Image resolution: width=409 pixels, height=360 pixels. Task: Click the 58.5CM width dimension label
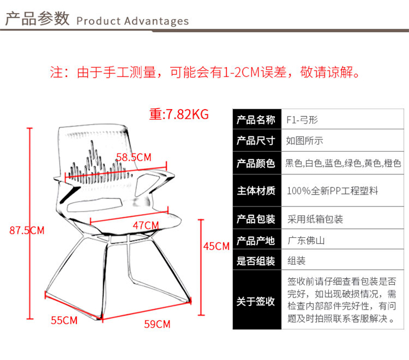click(x=133, y=157)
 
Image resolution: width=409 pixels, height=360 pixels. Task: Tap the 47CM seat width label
click(x=145, y=225)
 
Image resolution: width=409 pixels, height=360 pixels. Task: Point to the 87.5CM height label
click(x=27, y=231)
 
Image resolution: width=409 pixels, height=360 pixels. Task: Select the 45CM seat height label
click(x=216, y=246)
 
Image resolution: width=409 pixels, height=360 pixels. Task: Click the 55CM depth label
click(x=64, y=321)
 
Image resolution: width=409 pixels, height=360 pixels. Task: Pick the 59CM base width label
click(x=157, y=324)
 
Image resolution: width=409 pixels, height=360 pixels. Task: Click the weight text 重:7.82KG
click(x=179, y=114)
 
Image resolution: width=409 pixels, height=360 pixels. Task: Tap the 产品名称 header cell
click(x=255, y=120)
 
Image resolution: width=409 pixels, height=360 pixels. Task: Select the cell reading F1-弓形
click(x=302, y=120)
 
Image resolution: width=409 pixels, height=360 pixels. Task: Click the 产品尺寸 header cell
click(x=255, y=141)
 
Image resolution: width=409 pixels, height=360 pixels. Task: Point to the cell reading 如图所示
click(x=305, y=141)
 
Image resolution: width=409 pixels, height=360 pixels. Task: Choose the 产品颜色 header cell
click(x=255, y=163)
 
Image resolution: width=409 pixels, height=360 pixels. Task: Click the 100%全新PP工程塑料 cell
click(x=332, y=191)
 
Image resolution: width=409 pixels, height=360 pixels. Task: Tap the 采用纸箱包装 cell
click(x=315, y=219)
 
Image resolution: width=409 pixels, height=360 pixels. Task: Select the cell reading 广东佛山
click(x=305, y=241)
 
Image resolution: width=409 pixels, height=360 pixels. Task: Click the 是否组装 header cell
click(x=255, y=261)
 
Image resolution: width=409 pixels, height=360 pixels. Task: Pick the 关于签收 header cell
click(x=255, y=301)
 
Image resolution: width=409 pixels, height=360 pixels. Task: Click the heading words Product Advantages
click(x=133, y=21)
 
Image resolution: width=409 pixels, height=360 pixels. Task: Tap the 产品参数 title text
click(x=37, y=19)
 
